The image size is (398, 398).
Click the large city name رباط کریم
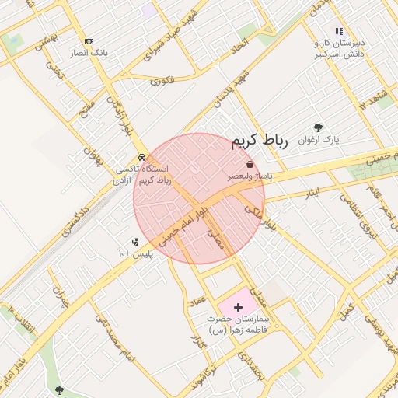coord(260,141)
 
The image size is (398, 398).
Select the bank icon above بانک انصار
coord(89,41)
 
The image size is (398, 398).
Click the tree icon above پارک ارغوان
coord(318,127)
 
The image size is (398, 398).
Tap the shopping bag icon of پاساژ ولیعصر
coord(249,165)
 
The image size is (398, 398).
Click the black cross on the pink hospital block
coord(238,308)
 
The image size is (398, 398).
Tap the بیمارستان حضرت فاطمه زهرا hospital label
coord(238,326)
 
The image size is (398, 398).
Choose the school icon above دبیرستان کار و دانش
coord(338,32)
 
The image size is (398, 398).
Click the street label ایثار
coord(311,191)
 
